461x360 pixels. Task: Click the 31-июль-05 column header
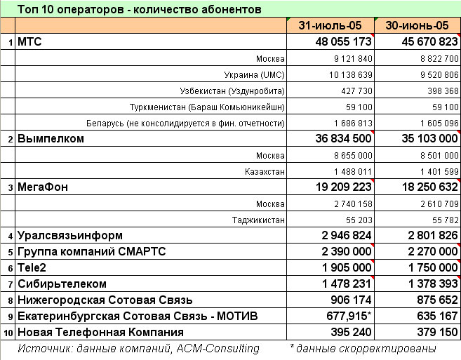(330, 25)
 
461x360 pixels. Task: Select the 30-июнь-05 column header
(417, 25)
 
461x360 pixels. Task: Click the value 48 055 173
(333, 42)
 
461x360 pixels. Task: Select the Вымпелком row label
(51, 139)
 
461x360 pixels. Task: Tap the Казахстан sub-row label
(263, 171)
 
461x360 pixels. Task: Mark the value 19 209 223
(333, 187)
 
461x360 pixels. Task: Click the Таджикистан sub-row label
(258, 220)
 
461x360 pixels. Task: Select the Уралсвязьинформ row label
(70, 235)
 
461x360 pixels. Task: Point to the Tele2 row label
(32, 267)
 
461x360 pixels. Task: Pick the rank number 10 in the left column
(8, 333)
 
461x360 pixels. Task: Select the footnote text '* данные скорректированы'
(363, 348)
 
